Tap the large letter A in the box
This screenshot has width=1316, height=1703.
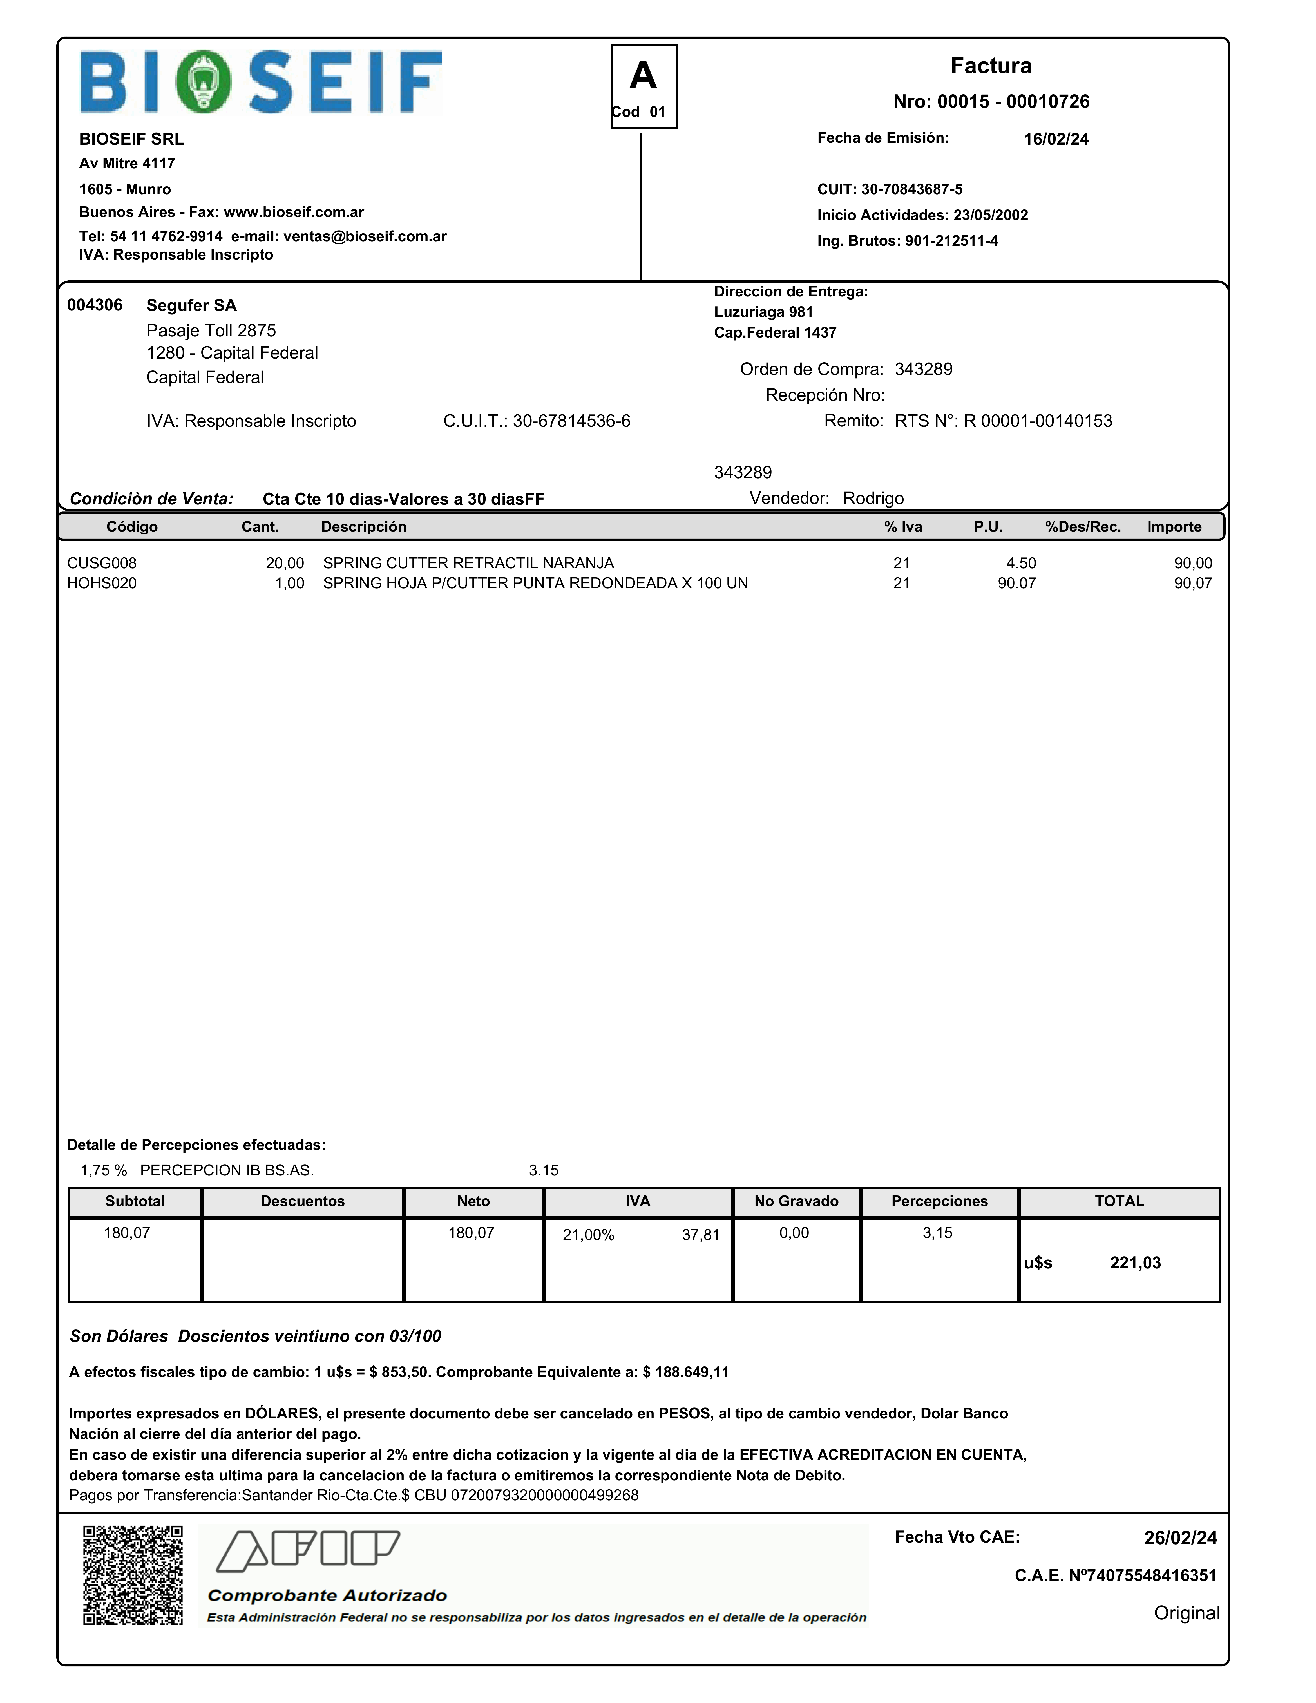(643, 76)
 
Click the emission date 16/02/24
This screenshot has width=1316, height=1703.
(1056, 139)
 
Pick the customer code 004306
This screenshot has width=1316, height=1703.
(94, 305)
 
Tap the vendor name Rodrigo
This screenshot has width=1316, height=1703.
(873, 498)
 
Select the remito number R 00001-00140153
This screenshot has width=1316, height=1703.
(1038, 421)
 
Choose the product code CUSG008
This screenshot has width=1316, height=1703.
(101, 563)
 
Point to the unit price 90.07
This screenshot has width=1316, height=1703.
(1016, 583)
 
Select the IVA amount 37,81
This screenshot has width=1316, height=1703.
(700, 1234)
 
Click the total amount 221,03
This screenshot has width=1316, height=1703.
(1135, 1262)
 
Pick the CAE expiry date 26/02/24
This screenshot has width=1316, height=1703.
(1179, 1538)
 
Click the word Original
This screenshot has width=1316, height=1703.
(1187, 1613)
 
